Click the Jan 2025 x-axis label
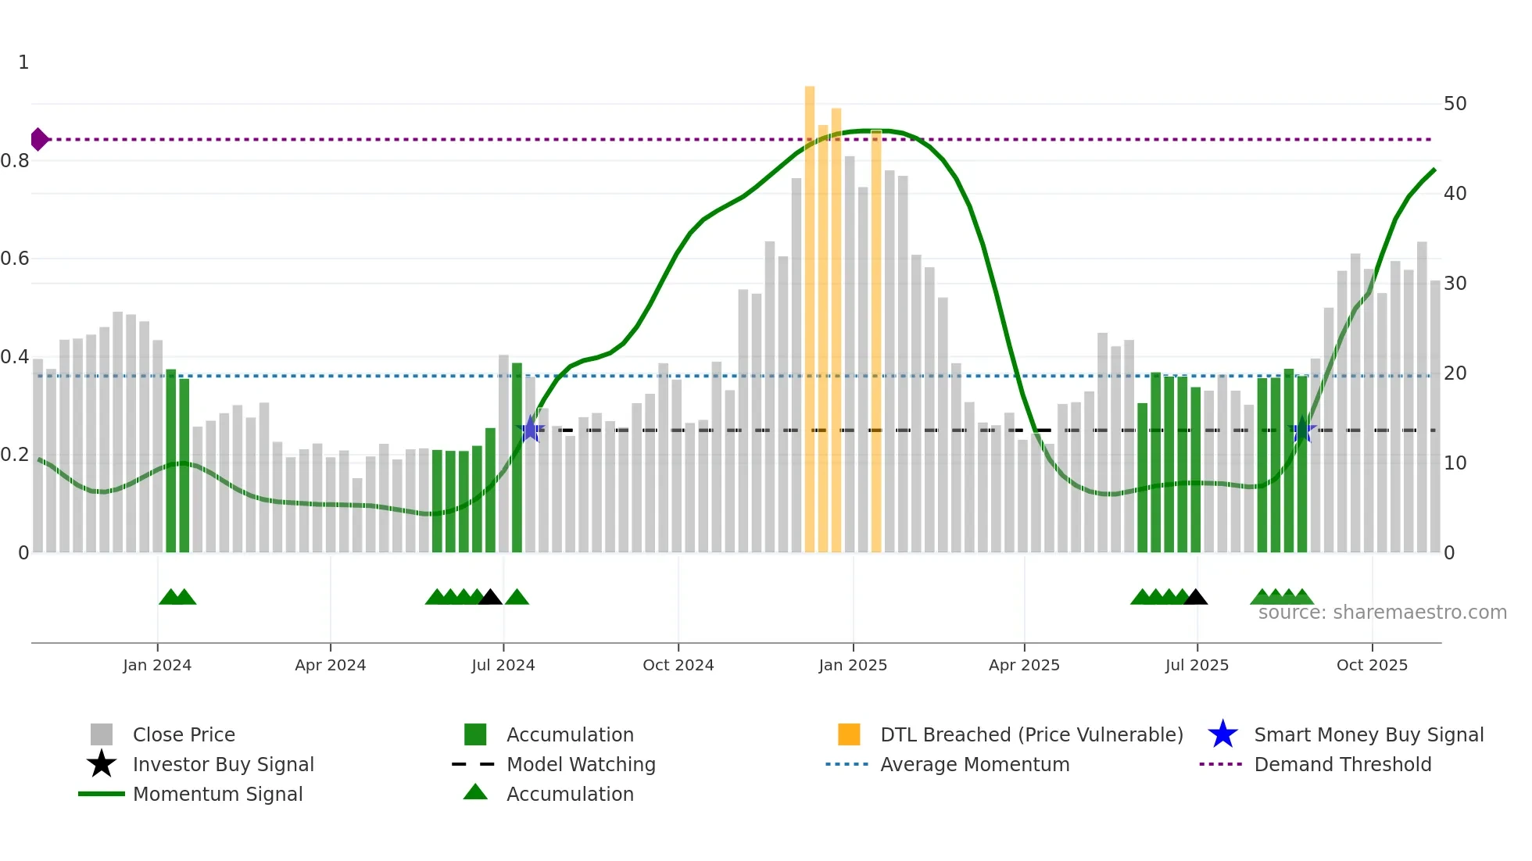pos(853,665)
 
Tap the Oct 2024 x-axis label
pos(678,665)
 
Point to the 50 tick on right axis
pos(1455,104)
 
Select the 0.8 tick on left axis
pos(16,161)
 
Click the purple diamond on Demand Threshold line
pos(38,140)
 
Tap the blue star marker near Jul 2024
pos(530,429)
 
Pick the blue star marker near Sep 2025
pos(1302,430)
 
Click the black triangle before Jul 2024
pos(490,598)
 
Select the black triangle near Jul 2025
pos(1195,598)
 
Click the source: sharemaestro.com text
pos(1382,613)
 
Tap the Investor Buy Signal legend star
pos(102,764)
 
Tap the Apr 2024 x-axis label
pos(330,665)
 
